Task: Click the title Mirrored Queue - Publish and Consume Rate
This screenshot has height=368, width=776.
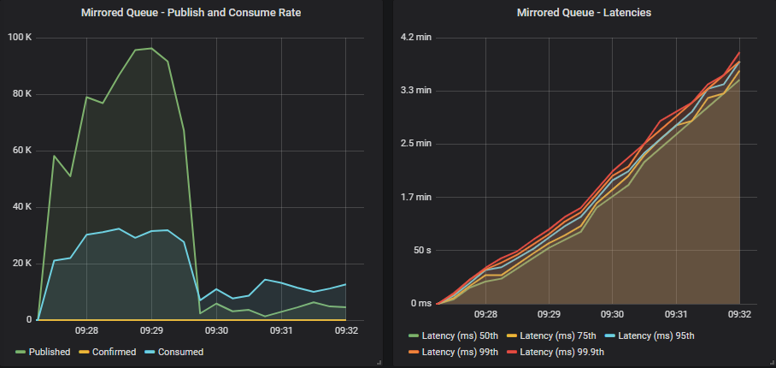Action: click(x=191, y=13)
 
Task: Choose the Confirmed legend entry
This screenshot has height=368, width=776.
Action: click(x=113, y=352)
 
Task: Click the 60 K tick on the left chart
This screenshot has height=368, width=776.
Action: click(x=21, y=150)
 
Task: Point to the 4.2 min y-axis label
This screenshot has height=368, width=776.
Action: click(x=418, y=37)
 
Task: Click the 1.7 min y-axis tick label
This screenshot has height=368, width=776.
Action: click(x=418, y=197)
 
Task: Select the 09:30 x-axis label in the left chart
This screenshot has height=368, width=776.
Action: click(x=216, y=330)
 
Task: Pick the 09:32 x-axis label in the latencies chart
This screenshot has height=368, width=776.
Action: click(x=739, y=314)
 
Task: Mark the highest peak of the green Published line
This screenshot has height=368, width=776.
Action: click(x=151, y=48)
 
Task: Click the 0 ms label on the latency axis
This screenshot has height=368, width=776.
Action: click(x=420, y=303)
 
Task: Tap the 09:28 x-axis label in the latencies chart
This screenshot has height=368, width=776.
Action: click(x=485, y=314)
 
